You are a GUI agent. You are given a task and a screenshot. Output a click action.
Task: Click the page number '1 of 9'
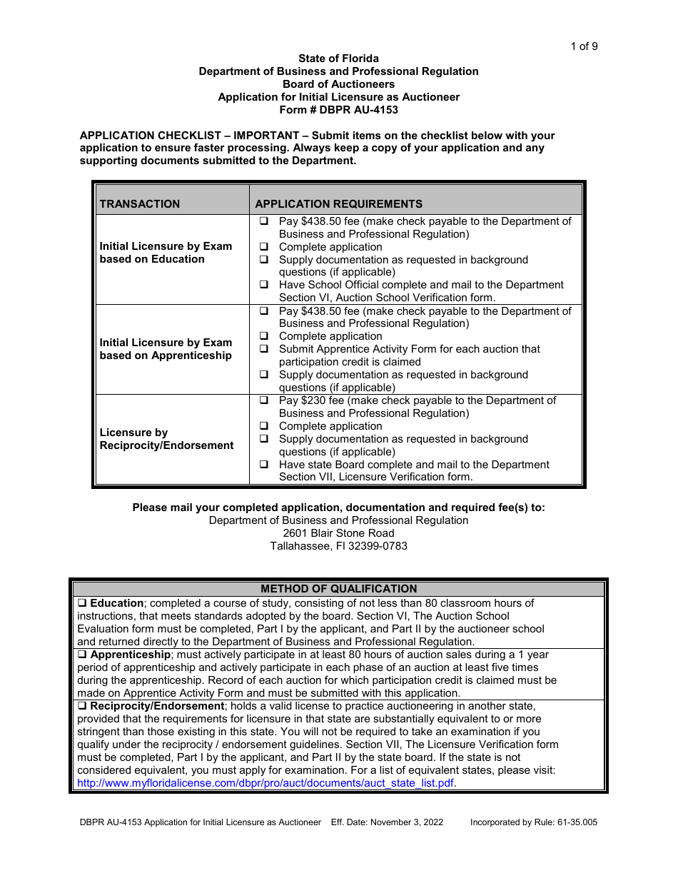pos(584,46)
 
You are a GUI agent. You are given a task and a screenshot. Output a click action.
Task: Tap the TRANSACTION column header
pos(140,203)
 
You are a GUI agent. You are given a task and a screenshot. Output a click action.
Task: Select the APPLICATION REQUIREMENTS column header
pos(338,203)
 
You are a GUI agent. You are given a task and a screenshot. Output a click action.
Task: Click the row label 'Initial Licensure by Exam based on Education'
pos(166,253)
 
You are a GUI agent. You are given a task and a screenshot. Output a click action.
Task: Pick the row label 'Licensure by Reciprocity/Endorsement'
pos(166,439)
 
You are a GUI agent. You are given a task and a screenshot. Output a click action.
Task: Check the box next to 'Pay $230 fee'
pos(263,400)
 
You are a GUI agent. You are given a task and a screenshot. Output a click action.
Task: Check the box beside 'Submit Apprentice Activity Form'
pos(263,349)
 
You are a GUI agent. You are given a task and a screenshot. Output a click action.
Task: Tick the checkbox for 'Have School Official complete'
pos(263,285)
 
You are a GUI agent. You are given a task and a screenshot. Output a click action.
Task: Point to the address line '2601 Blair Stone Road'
pos(338,533)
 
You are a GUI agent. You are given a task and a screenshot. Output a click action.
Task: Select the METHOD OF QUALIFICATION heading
pos(338,589)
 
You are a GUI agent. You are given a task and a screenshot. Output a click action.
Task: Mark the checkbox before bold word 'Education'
pos(82,603)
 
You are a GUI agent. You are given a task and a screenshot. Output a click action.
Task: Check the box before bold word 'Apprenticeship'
pos(82,655)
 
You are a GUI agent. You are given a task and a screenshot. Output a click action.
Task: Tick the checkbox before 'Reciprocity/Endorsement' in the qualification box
pos(82,706)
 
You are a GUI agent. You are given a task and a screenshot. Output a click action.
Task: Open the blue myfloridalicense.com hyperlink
pos(265,783)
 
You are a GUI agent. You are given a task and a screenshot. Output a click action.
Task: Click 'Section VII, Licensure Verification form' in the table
pos(375,477)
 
